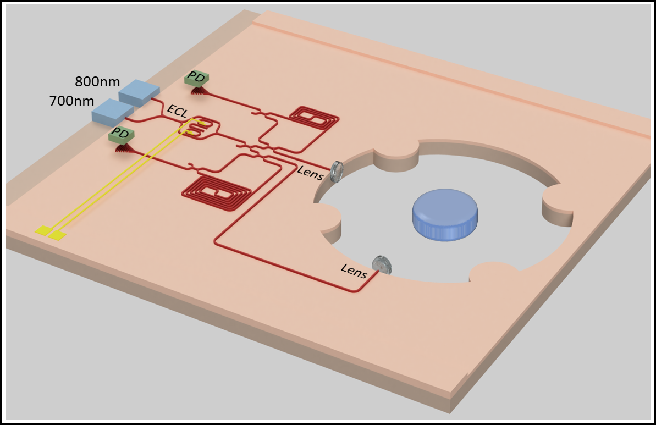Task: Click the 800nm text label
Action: [x=97, y=82]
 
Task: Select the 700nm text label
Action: [x=71, y=102]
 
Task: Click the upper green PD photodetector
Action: [x=196, y=78]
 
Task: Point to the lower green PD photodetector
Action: [x=120, y=135]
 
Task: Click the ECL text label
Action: [x=177, y=112]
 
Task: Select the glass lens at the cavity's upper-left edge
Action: [x=338, y=173]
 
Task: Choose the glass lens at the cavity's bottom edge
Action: [x=382, y=265]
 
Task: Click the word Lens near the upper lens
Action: [x=310, y=172]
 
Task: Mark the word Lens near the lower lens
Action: [x=354, y=271]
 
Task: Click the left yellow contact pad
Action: [x=43, y=231]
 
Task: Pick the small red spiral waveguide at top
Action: [x=313, y=117]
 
